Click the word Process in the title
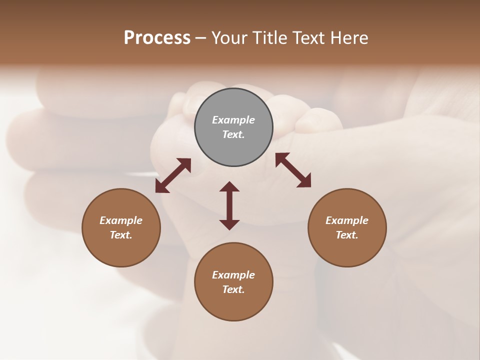[x=157, y=38]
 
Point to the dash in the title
[x=201, y=38]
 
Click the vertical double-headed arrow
[x=229, y=205]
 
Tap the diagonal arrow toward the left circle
[x=173, y=175]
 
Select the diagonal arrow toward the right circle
[x=293, y=170]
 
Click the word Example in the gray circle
[x=233, y=120]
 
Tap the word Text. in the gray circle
[x=233, y=134]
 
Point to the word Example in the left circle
[x=121, y=220]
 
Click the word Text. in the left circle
[x=121, y=235]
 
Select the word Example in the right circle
[x=347, y=220]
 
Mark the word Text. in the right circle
[x=347, y=235]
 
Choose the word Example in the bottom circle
[x=233, y=275]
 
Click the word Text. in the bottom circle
[x=233, y=289]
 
